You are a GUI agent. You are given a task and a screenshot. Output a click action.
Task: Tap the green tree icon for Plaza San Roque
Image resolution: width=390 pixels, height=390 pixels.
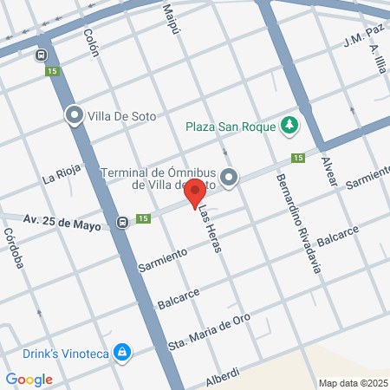(x=289, y=127)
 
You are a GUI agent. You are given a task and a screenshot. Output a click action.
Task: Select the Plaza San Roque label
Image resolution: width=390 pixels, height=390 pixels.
(x=230, y=127)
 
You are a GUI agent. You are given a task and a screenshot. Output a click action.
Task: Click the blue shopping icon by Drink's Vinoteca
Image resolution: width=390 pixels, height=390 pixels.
(x=123, y=351)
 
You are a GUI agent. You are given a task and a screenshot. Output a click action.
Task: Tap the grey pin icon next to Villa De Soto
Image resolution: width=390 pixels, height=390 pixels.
(x=75, y=114)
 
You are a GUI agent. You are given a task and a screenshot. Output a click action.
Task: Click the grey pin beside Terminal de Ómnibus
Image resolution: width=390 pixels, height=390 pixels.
(x=229, y=178)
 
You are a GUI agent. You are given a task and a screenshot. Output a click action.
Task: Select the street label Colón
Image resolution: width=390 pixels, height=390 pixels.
(x=91, y=42)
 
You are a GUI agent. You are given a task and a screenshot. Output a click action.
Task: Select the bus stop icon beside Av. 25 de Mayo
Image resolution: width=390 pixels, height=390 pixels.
(x=123, y=223)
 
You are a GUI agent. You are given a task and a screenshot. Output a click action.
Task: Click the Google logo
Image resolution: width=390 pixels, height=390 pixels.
(x=29, y=379)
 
